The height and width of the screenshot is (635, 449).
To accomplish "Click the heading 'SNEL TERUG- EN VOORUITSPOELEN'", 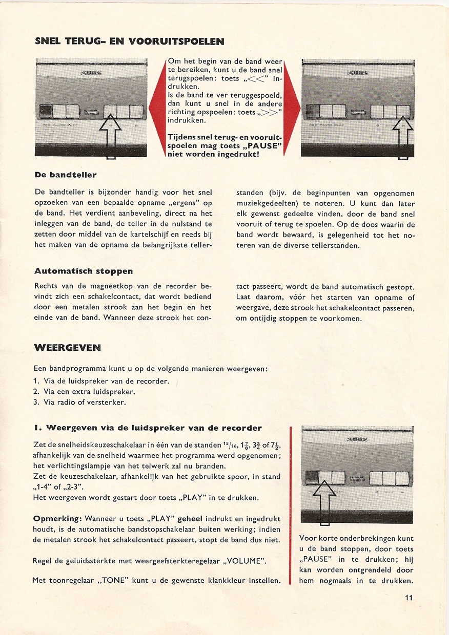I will [x=129, y=41].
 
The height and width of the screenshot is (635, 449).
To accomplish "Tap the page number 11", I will [x=408, y=598].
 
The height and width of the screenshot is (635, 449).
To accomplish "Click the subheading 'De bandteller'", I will [x=65, y=175].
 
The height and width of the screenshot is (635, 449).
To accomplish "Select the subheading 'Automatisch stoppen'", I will [x=83, y=271].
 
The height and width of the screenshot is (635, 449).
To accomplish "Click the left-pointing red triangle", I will [x=156, y=108].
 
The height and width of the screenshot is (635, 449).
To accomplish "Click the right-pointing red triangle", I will [x=292, y=108].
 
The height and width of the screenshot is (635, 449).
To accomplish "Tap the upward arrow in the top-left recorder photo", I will [x=110, y=136].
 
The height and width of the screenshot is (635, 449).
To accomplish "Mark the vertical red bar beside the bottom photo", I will [x=291, y=505].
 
